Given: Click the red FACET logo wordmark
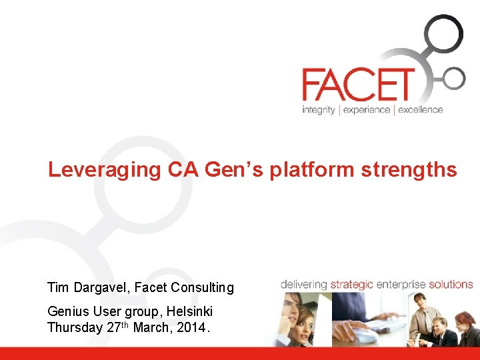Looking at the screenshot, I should tap(357, 85).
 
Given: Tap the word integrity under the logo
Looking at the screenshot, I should tap(318, 110).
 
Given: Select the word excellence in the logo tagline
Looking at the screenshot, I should tap(420, 110).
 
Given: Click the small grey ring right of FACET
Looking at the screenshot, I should tap(453, 78).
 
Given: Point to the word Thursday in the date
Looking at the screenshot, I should tap(75, 327).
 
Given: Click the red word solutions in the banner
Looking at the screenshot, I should tap(451, 285).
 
